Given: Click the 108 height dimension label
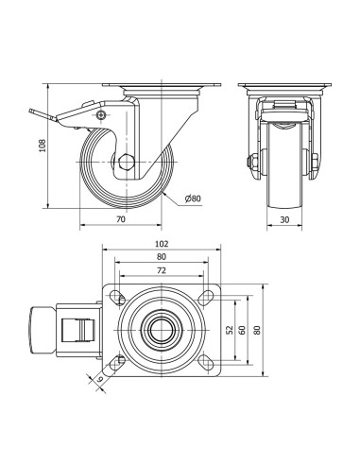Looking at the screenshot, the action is pyautogui.click(x=43, y=146).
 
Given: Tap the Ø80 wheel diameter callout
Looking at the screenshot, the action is pyautogui.click(x=193, y=198).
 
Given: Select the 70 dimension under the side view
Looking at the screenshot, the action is pyautogui.click(x=121, y=219).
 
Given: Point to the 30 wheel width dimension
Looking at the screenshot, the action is pyautogui.click(x=284, y=219).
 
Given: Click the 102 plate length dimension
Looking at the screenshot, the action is pyautogui.click(x=162, y=244).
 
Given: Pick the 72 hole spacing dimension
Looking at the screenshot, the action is pyautogui.click(x=162, y=270).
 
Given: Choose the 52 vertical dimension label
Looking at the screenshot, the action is pyautogui.click(x=230, y=330).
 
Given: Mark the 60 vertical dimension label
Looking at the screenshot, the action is pyautogui.click(x=242, y=330).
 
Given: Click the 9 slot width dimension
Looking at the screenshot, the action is pyautogui.click(x=100, y=379).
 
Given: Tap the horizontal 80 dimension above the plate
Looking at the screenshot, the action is pyautogui.click(x=162, y=257).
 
